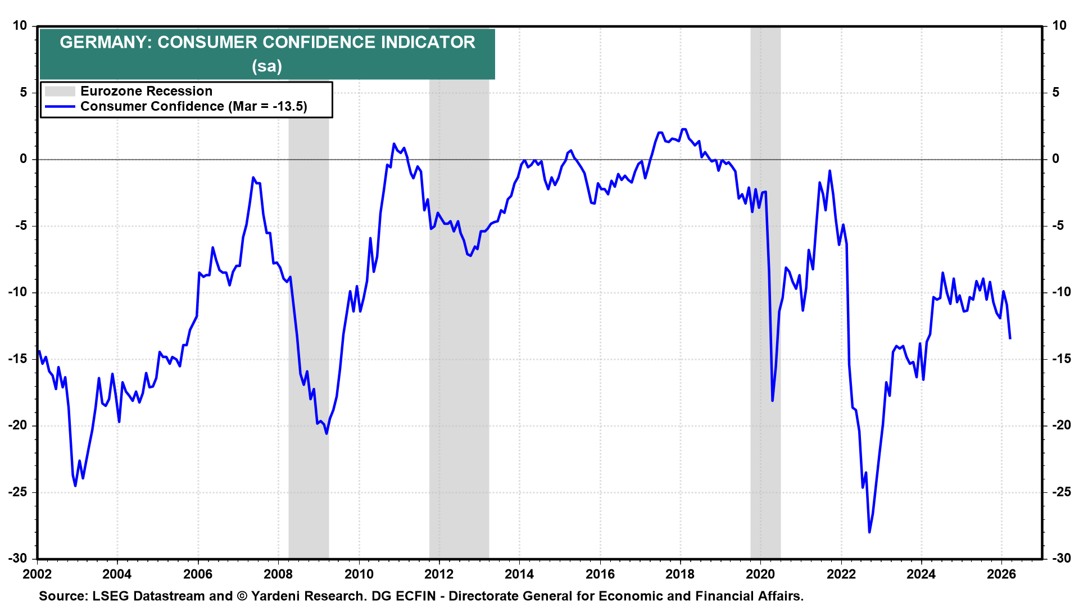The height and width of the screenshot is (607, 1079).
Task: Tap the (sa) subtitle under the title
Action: click(267, 66)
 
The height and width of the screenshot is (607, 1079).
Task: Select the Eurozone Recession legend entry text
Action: click(146, 91)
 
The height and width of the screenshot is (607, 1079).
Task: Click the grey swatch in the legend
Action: click(60, 91)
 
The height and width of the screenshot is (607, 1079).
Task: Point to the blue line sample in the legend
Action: click(60, 106)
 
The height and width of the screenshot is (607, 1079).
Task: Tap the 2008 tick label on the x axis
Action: click(278, 574)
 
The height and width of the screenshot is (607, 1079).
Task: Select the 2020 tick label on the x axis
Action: click(760, 574)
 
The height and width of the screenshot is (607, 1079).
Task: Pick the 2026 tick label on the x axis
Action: click(1001, 574)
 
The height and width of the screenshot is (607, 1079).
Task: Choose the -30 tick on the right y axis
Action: click(1061, 558)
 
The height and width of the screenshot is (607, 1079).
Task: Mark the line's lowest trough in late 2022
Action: click(869, 532)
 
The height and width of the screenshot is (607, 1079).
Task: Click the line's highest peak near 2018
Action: click(683, 129)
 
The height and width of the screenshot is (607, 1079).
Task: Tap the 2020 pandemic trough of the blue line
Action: click(773, 400)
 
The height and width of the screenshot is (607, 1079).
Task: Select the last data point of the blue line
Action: click(1010, 338)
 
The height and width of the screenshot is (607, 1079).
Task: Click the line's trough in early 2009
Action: click(327, 433)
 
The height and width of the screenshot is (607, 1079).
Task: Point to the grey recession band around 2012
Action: click(459, 337)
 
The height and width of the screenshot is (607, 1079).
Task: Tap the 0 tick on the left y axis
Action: click(23, 159)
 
